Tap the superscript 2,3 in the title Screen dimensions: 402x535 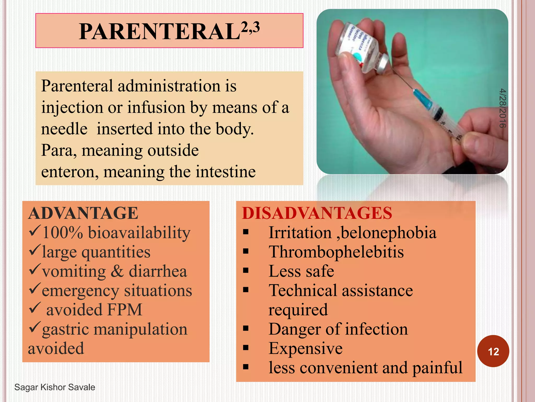[x=250, y=27]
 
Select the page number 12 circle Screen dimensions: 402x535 [x=493, y=351]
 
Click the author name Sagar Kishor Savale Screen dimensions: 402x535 [x=55, y=387]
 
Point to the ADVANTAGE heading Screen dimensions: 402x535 [x=83, y=213]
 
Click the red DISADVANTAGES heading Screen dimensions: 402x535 [x=317, y=213]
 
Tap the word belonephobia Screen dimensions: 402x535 [x=389, y=233]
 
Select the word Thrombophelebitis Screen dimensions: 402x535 [x=336, y=252]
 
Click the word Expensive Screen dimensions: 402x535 [x=305, y=348]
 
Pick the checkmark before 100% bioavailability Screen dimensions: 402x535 [x=34, y=231]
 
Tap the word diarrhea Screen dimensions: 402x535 [x=158, y=271]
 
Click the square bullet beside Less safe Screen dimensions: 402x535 [x=246, y=271]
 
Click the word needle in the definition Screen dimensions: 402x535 [x=64, y=129]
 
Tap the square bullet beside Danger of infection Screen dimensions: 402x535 [x=246, y=328]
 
